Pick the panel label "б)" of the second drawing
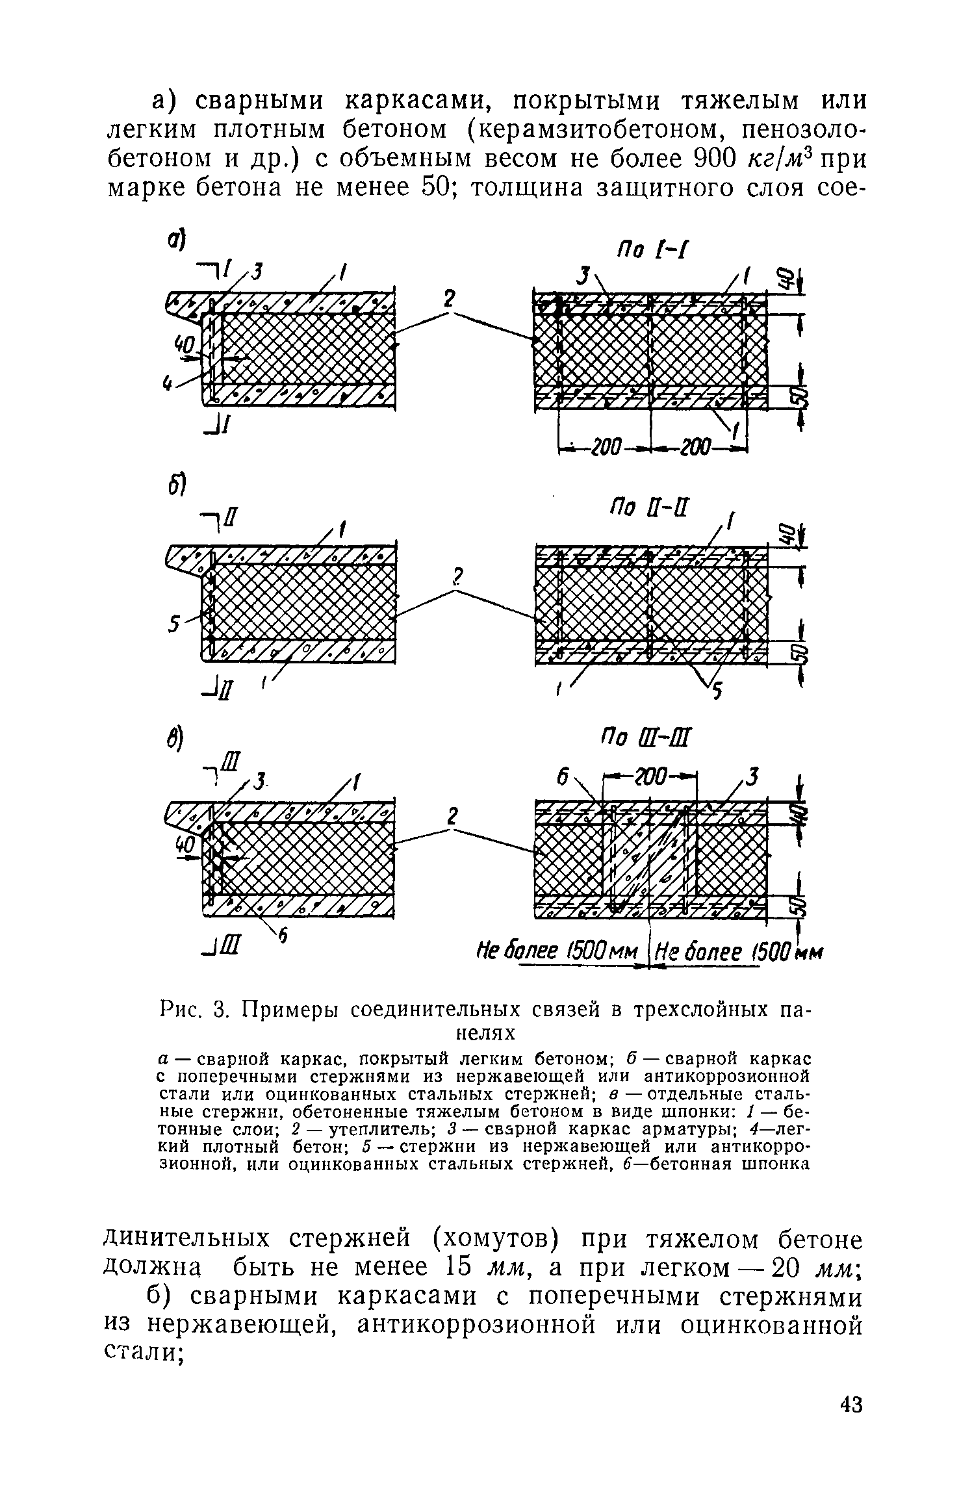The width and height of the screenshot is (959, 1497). click(x=177, y=482)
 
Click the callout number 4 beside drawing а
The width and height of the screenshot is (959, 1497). click(x=168, y=386)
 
